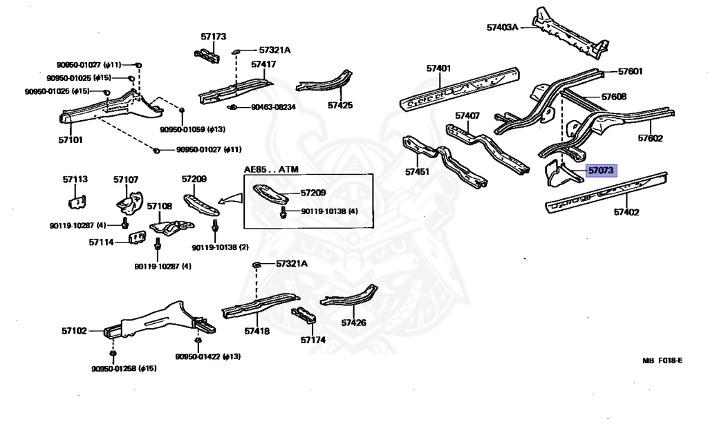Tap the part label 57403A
(x=502, y=28)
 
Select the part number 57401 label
(x=438, y=68)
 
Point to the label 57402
(x=626, y=212)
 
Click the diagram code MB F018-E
(x=662, y=360)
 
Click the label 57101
(x=70, y=140)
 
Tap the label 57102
(x=74, y=331)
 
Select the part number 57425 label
(x=340, y=106)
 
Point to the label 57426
(x=353, y=322)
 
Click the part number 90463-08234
(x=273, y=107)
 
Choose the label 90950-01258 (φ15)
(x=124, y=368)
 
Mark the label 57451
(x=417, y=171)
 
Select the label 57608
(x=613, y=97)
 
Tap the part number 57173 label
(x=214, y=36)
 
